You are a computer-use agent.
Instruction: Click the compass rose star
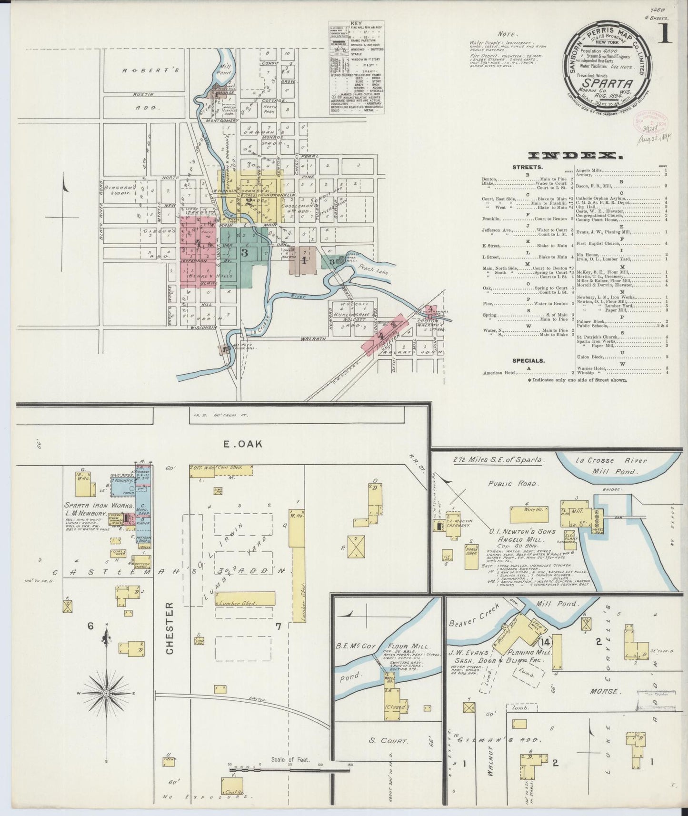(106, 694)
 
